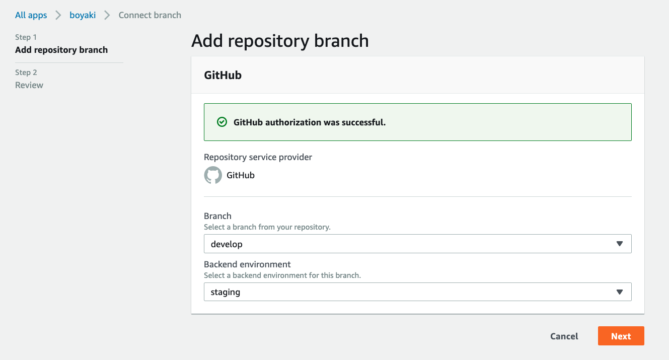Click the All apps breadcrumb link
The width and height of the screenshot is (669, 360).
click(31, 15)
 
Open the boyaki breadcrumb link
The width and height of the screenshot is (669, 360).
click(83, 15)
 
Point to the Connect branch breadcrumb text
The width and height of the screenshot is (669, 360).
click(150, 15)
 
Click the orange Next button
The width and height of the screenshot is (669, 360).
click(621, 336)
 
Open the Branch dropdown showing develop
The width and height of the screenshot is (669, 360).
click(417, 244)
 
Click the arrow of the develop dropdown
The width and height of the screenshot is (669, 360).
click(620, 244)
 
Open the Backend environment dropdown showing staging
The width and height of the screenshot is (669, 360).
click(417, 292)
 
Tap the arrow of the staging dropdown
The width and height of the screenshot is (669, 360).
click(620, 292)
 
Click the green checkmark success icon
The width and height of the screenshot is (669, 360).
click(222, 122)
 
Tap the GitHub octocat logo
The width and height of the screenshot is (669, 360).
click(213, 175)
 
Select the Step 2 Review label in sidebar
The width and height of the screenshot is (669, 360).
click(29, 85)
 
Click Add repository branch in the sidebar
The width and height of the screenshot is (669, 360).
click(61, 49)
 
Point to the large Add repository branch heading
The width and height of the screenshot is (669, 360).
click(280, 41)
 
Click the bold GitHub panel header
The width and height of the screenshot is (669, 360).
click(222, 75)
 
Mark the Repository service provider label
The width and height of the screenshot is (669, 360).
click(258, 157)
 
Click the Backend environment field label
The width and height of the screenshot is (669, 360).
click(247, 264)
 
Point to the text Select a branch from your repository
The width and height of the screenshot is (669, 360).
click(267, 227)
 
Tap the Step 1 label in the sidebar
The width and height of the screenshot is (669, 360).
click(26, 37)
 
